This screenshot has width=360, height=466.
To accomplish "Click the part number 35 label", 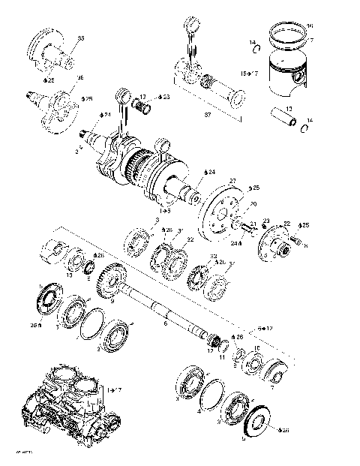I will [x=81, y=38].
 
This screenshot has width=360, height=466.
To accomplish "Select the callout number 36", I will [x=80, y=77].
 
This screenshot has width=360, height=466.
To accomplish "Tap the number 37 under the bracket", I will [x=208, y=115].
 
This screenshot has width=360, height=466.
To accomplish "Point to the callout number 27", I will [x=232, y=180].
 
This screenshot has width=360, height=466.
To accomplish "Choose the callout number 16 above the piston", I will [x=310, y=26].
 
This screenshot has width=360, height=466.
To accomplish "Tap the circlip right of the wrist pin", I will [x=306, y=127].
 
